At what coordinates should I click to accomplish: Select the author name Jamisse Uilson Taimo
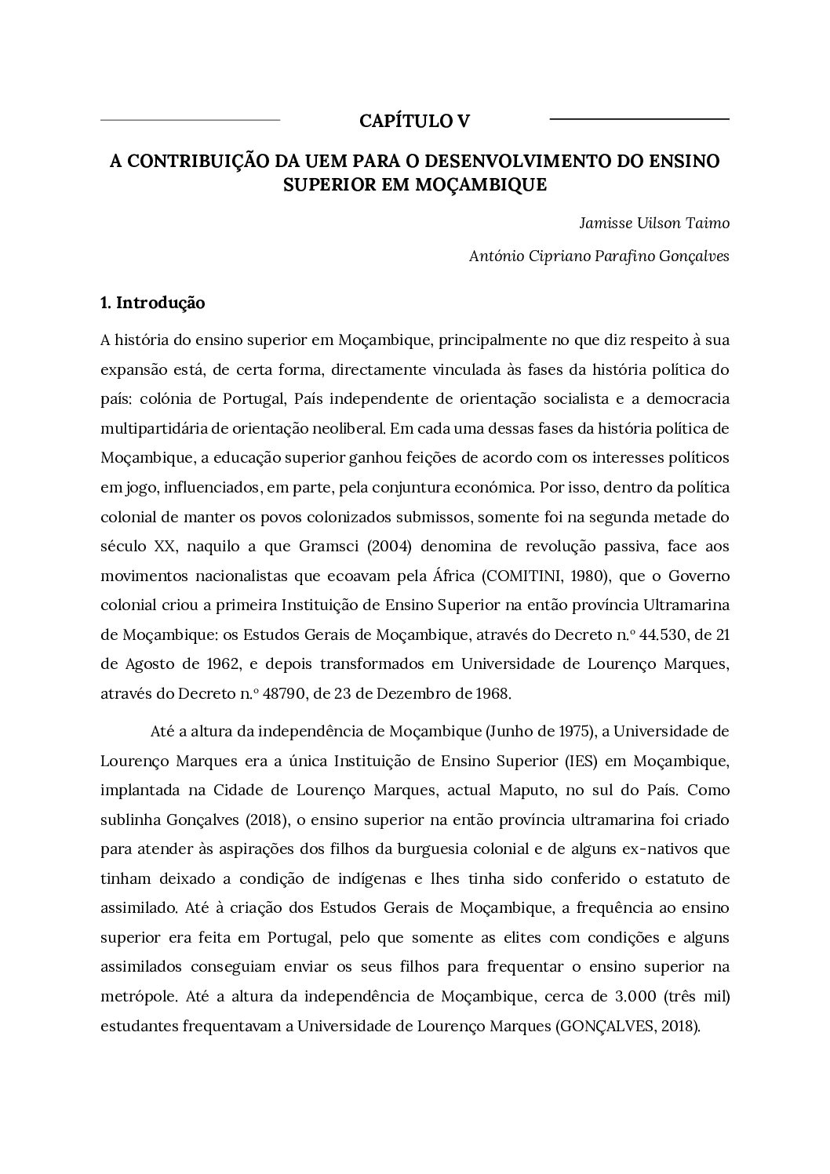point(654,223)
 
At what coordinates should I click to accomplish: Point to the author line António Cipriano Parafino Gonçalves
point(599,256)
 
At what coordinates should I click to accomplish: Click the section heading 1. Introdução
point(153,303)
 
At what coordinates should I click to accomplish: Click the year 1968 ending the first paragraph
point(492,694)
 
